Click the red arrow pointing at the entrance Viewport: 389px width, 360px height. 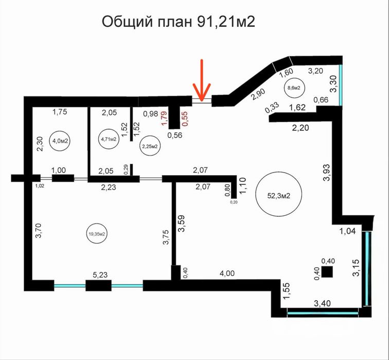click(x=202, y=80)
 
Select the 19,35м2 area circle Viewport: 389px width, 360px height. click(x=97, y=234)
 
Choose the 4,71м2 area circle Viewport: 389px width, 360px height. click(x=109, y=139)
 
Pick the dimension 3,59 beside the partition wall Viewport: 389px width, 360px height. click(x=181, y=227)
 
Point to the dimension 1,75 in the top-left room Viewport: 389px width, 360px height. click(x=61, y=111)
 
